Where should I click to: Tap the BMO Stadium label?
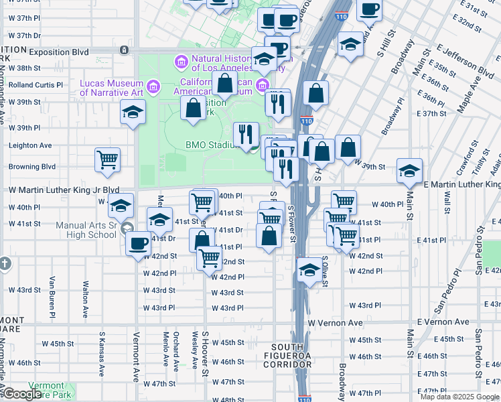[212, 145]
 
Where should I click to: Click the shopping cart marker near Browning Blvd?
[107, 159]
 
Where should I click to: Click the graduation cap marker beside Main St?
[409, 171]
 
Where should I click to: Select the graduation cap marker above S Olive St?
[309, 270]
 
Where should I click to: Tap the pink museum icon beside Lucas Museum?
[153, 86]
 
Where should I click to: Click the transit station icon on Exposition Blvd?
[124, 50]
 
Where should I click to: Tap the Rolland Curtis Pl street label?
[35, 85]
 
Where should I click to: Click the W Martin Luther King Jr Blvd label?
[64, 190]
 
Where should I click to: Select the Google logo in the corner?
[21, 394]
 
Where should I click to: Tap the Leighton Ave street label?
[30, 145]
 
